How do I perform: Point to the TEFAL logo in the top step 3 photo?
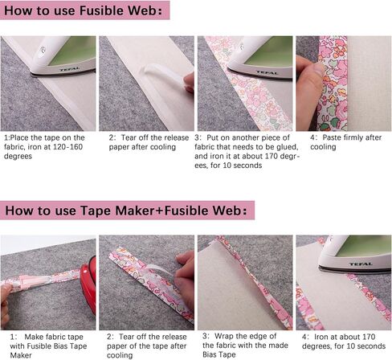click(256, 72)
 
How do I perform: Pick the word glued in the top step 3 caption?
click(269, 147)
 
